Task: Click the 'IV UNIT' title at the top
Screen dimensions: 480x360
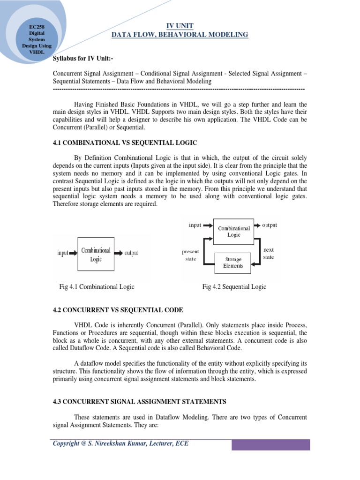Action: click(180, 26)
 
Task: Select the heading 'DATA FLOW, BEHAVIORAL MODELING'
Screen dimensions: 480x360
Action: click(180, 35)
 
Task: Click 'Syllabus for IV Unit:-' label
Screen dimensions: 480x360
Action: click(83, 58)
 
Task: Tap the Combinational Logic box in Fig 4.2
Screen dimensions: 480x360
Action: click(233, 231)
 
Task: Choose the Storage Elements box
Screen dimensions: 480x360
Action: click(233, 262)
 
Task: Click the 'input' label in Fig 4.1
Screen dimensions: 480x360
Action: click(63, 253)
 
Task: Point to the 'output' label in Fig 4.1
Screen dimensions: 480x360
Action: click(131, 253)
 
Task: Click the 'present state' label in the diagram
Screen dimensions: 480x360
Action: click(190, 255)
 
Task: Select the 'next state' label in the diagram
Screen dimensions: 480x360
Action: click(269, 254)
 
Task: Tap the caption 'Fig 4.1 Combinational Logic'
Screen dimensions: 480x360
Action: click(97, 287)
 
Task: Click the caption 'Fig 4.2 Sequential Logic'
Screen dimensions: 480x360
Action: click(234, 287)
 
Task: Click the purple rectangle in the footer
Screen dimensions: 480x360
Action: click(271, 444)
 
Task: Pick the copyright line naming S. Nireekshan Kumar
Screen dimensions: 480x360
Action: click(120, 443)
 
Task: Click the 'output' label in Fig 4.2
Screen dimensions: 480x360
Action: click(270, 225)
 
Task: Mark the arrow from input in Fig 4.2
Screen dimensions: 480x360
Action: click(207, 225)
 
